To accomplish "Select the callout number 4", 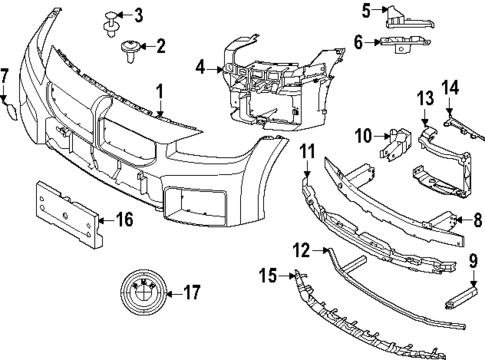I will (x=201, y=68).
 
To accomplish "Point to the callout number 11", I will (x=307, y=153).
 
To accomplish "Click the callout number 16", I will (x=125, y=218).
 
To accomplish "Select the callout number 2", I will (x=159, y=45).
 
